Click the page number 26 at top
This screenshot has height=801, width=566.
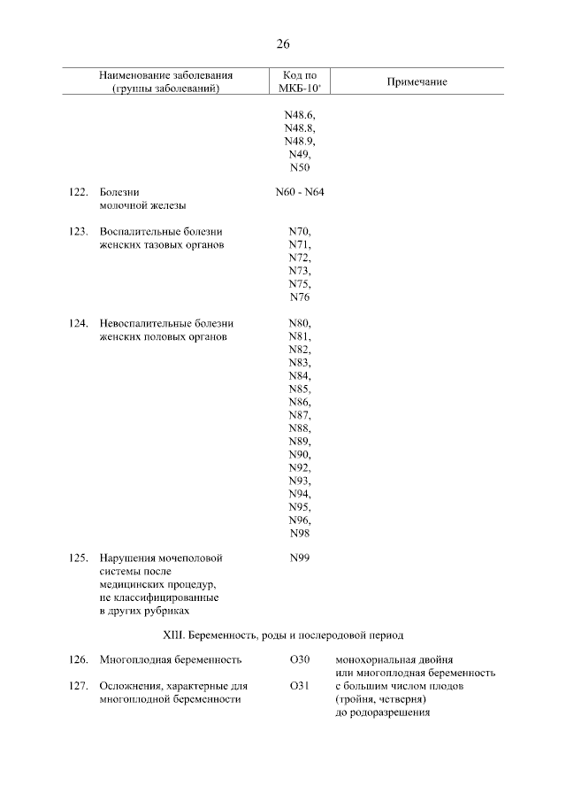point(283,43)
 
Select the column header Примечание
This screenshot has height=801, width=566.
point(417,82)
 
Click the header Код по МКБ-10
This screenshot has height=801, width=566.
point(300,82)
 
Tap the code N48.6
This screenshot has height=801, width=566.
point(300,115)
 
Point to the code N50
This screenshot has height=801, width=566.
point(300,168)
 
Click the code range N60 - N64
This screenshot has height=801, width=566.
point(300,191)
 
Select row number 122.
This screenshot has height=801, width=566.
point(79,191)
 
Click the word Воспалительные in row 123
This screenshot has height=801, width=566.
point(140,231)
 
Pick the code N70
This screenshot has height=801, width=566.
point(300,231)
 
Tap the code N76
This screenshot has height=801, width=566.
point(300,297)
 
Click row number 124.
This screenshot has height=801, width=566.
point(79,324)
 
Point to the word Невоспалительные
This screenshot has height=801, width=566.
point(145,324)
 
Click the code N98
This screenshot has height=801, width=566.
point(300,533)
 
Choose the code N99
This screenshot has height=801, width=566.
point(300,558)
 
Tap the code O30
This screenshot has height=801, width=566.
point(300,660)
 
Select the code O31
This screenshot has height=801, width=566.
point(300,686)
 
